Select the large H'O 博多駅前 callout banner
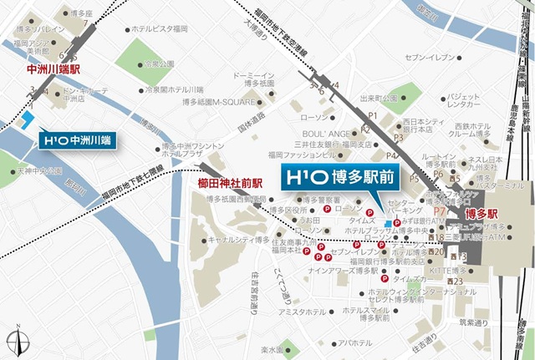(338, 180)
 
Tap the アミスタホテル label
(303, 312)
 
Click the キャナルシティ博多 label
(238, 238)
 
